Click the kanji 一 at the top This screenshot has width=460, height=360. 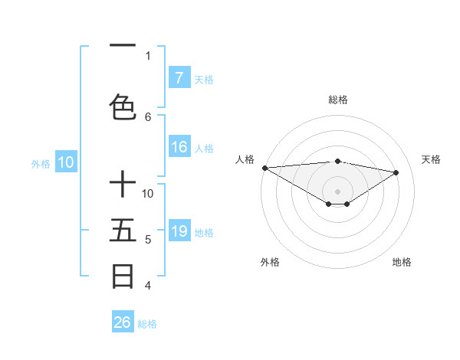pos(123,46)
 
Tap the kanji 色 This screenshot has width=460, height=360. pos(123,107)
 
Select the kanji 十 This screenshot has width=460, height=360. pos(123,185)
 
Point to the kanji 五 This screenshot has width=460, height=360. pos(123,231)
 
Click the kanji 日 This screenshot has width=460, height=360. pos(123,276)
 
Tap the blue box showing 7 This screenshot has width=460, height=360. pos(179,77)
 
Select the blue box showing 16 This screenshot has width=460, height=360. pos(179,147)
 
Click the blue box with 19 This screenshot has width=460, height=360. pos(179,231)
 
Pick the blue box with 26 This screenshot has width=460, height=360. pos(123,322)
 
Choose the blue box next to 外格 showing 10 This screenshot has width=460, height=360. pos(65,162)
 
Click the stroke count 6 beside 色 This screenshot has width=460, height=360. pos(148,116)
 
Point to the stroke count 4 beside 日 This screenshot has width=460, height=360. pos(148,286)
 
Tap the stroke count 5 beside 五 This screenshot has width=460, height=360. pos(148,240)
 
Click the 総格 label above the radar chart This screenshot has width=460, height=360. pos(337,100)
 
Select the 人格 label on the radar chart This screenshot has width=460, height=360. pos(245,159)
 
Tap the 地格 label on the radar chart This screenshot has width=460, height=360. pos(402,262)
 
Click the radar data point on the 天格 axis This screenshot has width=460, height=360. pos(396,172)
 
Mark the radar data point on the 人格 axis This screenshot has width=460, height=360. pos(264,167)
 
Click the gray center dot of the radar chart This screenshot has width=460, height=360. pos(337,191)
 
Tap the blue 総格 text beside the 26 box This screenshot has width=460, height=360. pos(147,324)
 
